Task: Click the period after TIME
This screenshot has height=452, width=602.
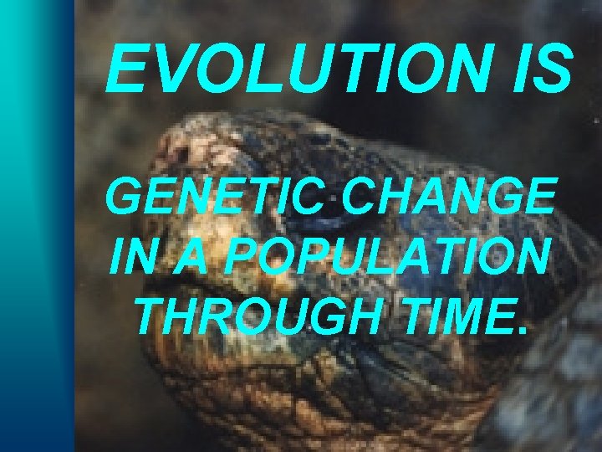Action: coord(523,329)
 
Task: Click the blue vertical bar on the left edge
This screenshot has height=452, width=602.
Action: coord(33,226)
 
